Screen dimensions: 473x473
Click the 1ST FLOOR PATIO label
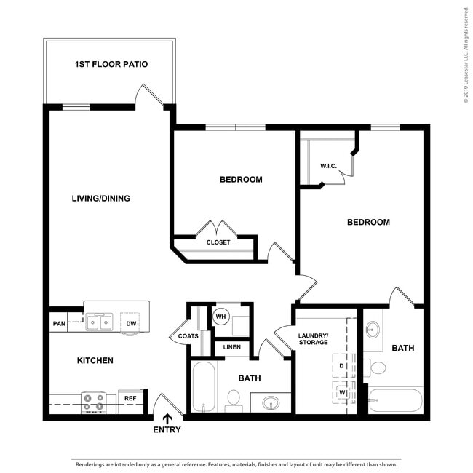[x=111, y=65]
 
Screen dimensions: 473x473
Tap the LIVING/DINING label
[x=100, y=198]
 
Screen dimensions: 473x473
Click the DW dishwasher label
[x=131, y=323]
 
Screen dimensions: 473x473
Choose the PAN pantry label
[x=58, y=324]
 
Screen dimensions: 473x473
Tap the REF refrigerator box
[x=129, y=399]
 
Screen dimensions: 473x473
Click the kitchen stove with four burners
[x=93, y=402]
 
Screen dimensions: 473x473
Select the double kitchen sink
[x=99, y=321]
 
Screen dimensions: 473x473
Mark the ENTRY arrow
[x=167, y=418]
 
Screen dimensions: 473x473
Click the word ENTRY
[x=167, y=429]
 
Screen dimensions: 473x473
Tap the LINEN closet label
[x=231, y=347]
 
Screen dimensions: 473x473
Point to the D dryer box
[x=340, y=365]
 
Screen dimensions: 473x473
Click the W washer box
[x=340, y=393]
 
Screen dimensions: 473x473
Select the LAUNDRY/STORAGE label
[x=313, y=338]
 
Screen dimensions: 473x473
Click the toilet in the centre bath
[x=234, y=399]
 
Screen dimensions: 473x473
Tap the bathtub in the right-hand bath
[x=395, y=400]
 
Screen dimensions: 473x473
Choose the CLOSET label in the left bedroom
[x=218, y=242]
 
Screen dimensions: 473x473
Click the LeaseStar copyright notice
[x=466, y=55]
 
